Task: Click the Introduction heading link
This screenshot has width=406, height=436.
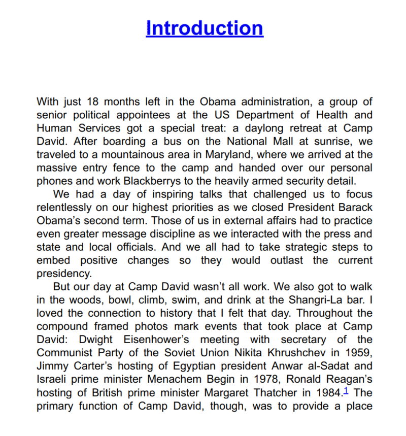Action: (204, 28)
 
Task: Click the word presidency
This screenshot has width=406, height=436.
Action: (64, 274)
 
